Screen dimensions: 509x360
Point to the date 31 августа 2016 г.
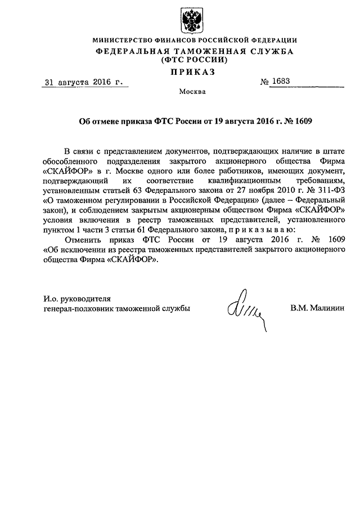click(x=84, y=83)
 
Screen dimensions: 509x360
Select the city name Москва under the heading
click(x=193, y=91)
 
